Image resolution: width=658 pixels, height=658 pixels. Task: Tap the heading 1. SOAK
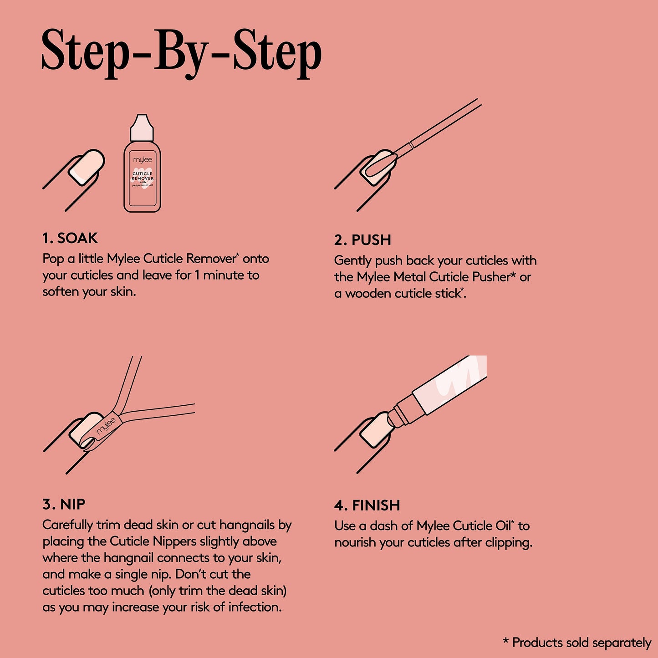pyautogui.click(x=70, y=238)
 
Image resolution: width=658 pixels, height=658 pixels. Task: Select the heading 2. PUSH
pyautogui.click(x=362, y=240)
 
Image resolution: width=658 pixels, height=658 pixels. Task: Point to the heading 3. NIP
pyautogui.click(x=64, y=504)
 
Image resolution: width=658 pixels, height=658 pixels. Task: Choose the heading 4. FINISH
pyautogui.click(x=367, y=505)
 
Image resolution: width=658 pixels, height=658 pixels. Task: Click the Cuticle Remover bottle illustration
pyautogui.click(x=143, y=173)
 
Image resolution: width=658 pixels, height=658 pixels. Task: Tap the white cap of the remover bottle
pyautogui.click(x=142, y=128)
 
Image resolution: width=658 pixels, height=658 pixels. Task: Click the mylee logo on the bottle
pyautogui.click(x=143, y=160)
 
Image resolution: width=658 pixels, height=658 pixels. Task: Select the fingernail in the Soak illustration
pyautogui.click(x=86, y=168)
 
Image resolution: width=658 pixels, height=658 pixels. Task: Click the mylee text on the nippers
pyautogui.click(x=106, y=426)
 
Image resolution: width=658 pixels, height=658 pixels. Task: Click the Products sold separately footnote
pyautogui.click(x=577, y=643)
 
